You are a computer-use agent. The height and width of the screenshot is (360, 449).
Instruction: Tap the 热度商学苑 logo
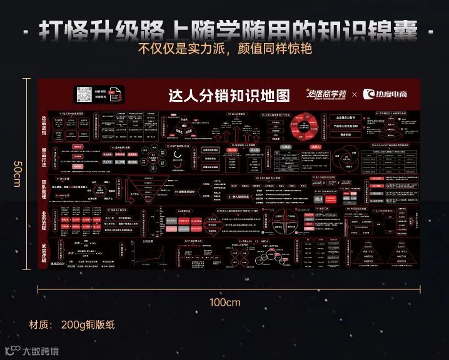325,94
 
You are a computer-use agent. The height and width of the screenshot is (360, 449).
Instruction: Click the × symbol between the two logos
355,94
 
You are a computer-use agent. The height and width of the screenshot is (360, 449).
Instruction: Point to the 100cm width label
224,302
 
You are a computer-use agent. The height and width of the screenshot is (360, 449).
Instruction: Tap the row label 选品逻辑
44,126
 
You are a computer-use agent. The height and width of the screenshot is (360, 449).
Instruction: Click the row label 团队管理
44,187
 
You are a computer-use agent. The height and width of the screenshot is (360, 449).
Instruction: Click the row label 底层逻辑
44,252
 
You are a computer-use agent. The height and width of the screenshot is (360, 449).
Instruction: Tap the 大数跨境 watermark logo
31,351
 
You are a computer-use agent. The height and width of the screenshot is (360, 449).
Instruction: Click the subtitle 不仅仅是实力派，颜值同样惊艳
224,49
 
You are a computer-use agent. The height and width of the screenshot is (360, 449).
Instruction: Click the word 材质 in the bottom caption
39,325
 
